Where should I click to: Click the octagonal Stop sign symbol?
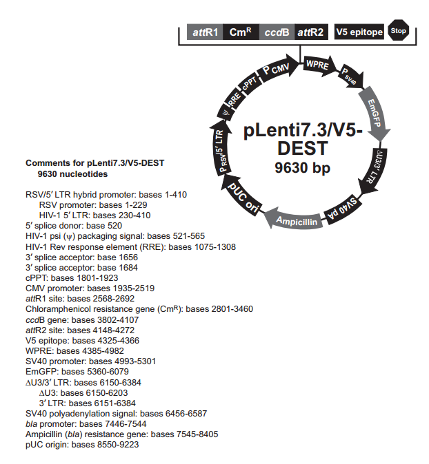click(399, 31)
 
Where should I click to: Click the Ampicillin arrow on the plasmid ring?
click(295, 221)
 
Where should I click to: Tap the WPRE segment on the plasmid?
click(317, 65)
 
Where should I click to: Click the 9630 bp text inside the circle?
click(302, 167)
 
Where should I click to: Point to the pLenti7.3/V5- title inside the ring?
click(303, 130)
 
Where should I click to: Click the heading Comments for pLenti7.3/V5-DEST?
click(100, 163)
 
